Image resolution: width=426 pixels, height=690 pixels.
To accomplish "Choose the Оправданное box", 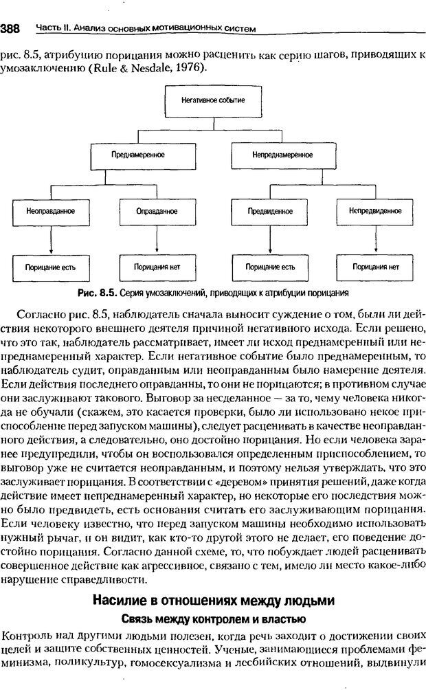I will pyautogui.click(x=152, y=211).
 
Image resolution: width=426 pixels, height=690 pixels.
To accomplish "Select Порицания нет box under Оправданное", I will pyautogui.click(x=152, y=266).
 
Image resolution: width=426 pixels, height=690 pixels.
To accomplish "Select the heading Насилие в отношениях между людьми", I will pyautogui.click(x=213, y=601).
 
